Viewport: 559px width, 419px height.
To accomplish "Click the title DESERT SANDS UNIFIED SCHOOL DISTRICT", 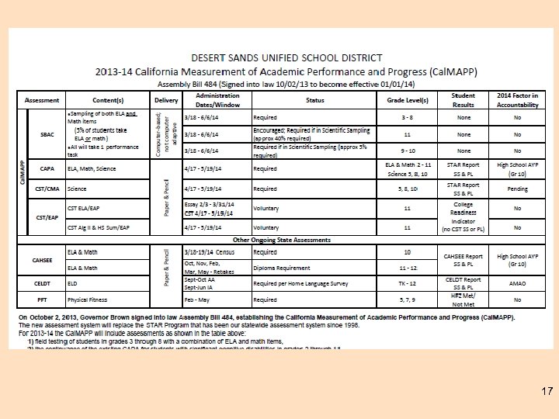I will pos(286,57).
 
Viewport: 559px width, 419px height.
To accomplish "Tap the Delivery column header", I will pos(165,100).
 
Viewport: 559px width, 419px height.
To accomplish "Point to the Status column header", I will pos(314,100).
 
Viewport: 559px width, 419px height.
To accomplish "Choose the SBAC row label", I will pos(47,134).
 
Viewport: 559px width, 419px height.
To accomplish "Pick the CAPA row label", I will pos(47,168).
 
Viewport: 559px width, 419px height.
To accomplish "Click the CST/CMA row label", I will pos(47,189).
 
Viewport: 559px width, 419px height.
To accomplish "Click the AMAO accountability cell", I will pos(517,284).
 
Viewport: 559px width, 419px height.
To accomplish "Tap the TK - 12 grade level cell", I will pos(407,284).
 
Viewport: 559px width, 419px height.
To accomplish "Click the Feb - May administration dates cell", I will pos(199,300).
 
